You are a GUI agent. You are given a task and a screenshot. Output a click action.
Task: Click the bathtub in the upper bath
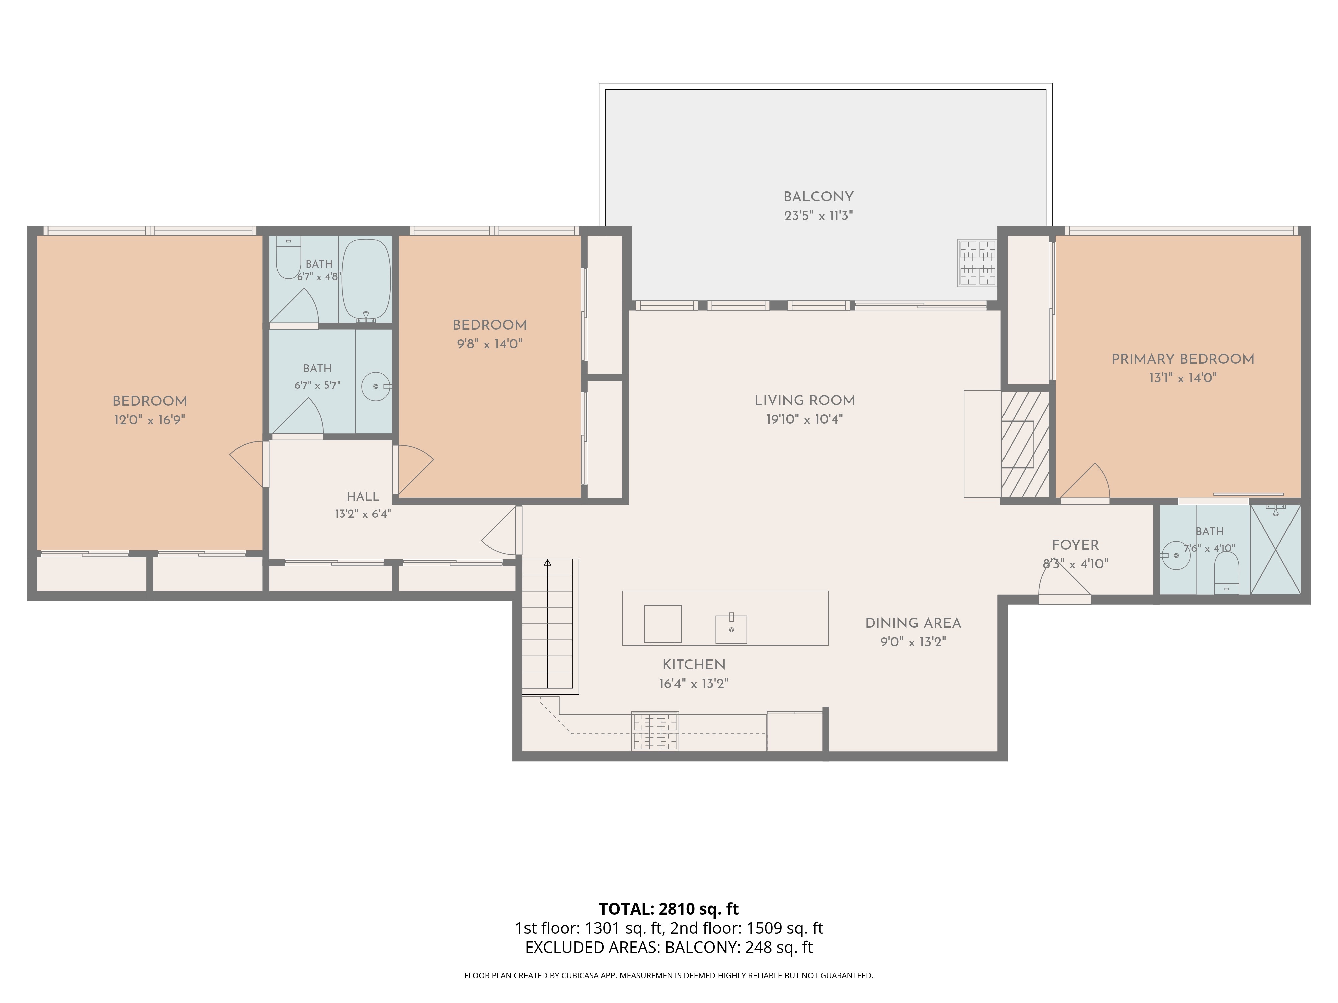pos(366,279)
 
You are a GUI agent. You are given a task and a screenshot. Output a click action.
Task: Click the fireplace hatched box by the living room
pos(1025,444)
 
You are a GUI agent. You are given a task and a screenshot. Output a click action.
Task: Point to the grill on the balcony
pos(977,262)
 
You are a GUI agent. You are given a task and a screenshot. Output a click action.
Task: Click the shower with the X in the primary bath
pos(1275,549)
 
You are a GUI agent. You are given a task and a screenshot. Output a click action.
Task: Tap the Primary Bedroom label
pos(1182,359)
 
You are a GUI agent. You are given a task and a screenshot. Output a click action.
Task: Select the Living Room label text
pos(804,400)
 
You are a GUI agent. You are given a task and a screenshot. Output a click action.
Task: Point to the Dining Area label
pos(913,623)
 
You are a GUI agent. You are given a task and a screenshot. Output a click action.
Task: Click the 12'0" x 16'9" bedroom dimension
pos(150,420)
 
